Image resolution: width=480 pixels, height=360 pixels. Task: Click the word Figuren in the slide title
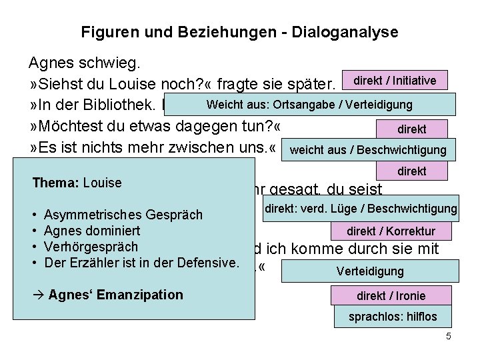(x=105, y=31)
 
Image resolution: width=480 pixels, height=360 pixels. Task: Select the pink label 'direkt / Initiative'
(x=395, y=81)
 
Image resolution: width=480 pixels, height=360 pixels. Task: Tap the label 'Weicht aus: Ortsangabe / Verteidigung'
(x=309, y=105)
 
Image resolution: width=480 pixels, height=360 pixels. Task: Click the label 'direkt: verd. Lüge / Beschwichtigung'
(x=361, y=209)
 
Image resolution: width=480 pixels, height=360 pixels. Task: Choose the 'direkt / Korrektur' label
(x=391, y=231)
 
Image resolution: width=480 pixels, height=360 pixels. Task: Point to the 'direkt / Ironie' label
(x=391, y=295)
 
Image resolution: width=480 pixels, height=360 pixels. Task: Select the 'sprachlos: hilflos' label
(x=391, y=317)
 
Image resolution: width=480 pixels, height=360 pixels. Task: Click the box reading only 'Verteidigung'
(x=370, y=271)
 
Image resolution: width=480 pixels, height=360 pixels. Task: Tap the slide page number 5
(x=449, y=337)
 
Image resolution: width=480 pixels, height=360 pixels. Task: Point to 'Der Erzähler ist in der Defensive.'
(x=140, y=263)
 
